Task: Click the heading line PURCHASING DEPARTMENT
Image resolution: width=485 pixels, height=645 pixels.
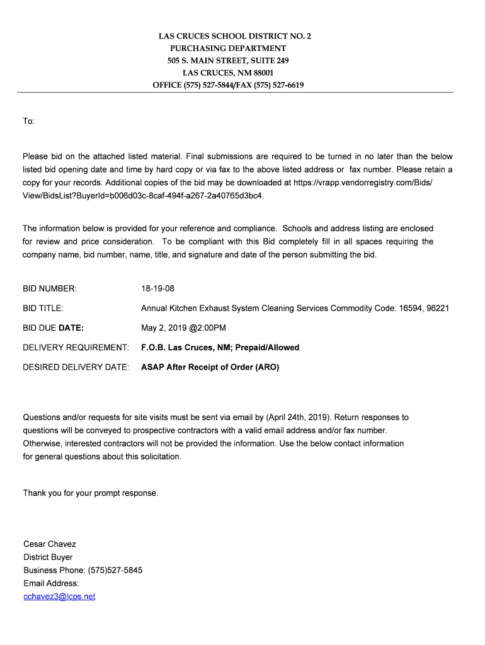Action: (x=228, y=49)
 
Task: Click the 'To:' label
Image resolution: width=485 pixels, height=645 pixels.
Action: (x=29, y=121)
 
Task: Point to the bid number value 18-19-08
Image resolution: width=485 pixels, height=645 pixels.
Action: (x=157, y=288)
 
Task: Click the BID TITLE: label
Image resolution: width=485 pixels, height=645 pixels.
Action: (x=43, y=309)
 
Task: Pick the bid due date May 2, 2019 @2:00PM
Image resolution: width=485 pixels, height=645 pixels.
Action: (x=183, y=328)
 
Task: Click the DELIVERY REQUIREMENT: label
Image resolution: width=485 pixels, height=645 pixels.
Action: (x=76, y=348)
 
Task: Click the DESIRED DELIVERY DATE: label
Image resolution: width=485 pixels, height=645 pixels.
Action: (x=76, y=367)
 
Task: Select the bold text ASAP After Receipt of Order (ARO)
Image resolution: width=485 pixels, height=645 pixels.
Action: (x=210, y=367)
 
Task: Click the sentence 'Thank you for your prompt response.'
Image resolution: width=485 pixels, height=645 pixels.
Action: (x=91, y=493)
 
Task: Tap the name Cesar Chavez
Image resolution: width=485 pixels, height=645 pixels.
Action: (x=50, y=544)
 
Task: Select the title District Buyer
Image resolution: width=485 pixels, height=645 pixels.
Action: (x=48, y=557)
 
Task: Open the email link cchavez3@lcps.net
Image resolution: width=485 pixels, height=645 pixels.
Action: (x=59, y=596)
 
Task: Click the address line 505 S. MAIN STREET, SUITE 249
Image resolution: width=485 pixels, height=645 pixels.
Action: (x=228, y=60)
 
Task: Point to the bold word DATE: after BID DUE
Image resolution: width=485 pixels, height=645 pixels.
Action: (x=71, y=328)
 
